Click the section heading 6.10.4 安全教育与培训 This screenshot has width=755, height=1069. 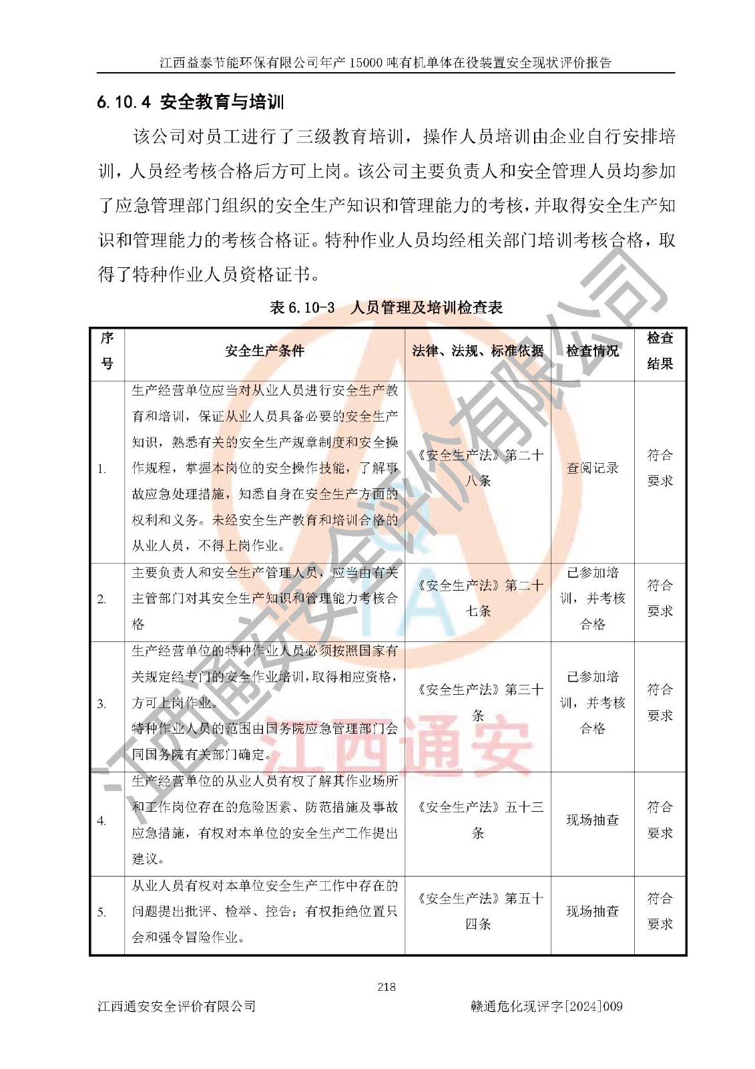coord(190,102)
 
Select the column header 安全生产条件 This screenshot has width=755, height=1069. coord(264,351)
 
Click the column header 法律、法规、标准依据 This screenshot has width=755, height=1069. coord(477,351)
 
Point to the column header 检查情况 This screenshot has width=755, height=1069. coord(592,351)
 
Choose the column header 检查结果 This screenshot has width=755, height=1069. coord(660,351)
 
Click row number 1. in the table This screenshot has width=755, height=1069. coord(101,469)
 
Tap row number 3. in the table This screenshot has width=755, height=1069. coord(101,704)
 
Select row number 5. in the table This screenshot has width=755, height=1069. coord(101,912)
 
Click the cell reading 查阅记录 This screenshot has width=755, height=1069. coord(592,468)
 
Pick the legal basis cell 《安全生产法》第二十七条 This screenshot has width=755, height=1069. coord(478,598)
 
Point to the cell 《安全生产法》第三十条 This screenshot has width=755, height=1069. coord(478,702)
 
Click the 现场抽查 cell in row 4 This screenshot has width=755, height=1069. coord(592,820)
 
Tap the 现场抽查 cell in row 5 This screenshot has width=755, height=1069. coord(592,911)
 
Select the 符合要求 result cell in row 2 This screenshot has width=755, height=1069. coord(660,598)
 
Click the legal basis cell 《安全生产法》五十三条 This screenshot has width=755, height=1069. coord(478,820)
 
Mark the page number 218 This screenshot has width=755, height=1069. coord(387,987)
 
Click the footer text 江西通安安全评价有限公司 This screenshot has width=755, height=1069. coord(177,1006)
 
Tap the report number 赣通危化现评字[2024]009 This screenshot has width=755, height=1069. coord(546,1006)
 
